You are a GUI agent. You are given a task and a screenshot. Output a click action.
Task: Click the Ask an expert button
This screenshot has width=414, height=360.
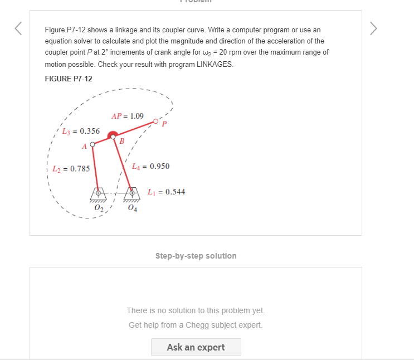pos(196,347)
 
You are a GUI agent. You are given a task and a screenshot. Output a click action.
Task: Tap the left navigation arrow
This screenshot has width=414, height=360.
pos(18,28)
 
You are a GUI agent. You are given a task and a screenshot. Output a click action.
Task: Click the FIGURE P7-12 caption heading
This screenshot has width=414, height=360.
pos(68,79)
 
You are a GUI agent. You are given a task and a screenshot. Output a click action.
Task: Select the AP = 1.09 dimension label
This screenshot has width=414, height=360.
pos(127,116)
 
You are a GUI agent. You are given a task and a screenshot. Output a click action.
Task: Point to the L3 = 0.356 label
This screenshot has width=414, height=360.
pos(80,132)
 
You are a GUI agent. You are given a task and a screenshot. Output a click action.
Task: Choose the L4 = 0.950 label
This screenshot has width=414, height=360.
pos(150,166)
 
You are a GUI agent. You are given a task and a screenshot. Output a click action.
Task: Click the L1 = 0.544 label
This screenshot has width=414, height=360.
pos(166,192)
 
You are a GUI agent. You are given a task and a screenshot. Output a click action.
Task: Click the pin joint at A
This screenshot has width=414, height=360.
pos(92,144)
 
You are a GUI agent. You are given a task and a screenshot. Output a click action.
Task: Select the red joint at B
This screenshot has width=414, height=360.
pos(113,135)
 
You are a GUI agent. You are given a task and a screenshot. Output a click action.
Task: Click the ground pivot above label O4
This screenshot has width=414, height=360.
pos(132,192)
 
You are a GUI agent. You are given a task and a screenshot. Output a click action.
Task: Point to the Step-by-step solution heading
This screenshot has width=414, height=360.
pos(196,256)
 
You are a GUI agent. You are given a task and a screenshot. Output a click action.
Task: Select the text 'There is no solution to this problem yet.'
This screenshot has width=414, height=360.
pos(196,310)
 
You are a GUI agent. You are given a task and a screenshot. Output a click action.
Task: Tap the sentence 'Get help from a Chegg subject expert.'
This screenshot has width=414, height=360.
pos(196,325)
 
